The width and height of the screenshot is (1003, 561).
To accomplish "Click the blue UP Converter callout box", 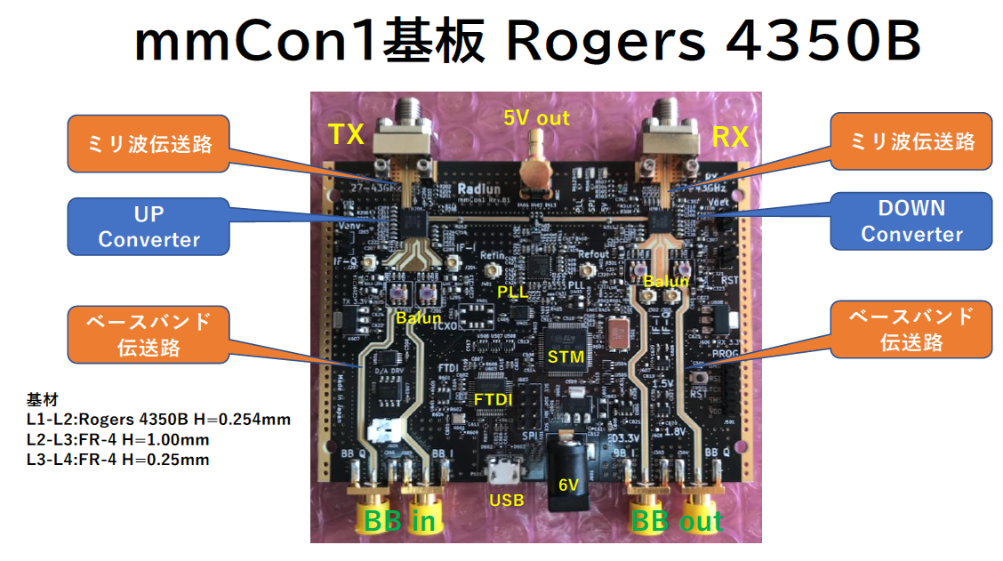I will [149, 227].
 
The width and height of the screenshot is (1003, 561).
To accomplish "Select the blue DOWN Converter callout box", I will [911, 220].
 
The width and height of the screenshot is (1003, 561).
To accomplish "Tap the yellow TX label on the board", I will [347, 134].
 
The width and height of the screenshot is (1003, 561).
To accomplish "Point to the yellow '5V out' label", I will [536, 116].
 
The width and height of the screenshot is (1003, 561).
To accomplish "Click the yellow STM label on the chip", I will [566, 357].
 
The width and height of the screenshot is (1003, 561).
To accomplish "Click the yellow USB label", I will [506, 501].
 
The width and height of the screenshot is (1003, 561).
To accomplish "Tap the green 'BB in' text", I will [399, 521].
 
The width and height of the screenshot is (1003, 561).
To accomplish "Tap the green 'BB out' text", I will [676, 521].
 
